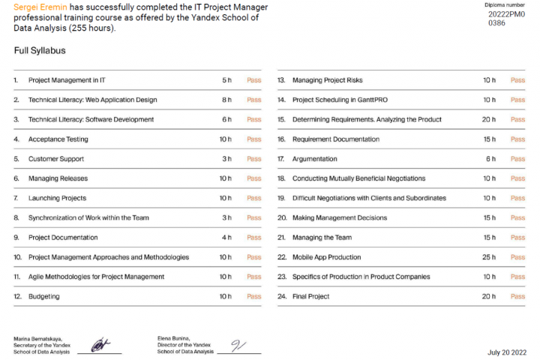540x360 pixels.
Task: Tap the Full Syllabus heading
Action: [40, 51]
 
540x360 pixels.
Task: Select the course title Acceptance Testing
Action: [58, 139]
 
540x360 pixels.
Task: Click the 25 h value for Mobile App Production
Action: [488, 257]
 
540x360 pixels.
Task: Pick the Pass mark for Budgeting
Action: [253, 296]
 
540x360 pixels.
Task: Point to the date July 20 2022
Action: [507, 351]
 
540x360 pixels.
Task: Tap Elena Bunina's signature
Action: [238, 346]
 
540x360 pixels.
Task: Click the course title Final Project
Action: [310, 296]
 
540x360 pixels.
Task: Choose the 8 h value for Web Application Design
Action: [226, 100]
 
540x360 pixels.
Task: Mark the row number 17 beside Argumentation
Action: [281, 159]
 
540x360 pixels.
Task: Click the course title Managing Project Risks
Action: [327, 79]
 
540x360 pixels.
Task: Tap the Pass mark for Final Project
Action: [517, 296]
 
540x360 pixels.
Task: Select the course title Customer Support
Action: [56, 159]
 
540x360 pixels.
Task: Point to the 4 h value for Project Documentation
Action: [226, 238]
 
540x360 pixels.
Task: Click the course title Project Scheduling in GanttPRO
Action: [340, 100]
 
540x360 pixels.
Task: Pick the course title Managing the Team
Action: [322, 238]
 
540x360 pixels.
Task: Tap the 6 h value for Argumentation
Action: [490, 159]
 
